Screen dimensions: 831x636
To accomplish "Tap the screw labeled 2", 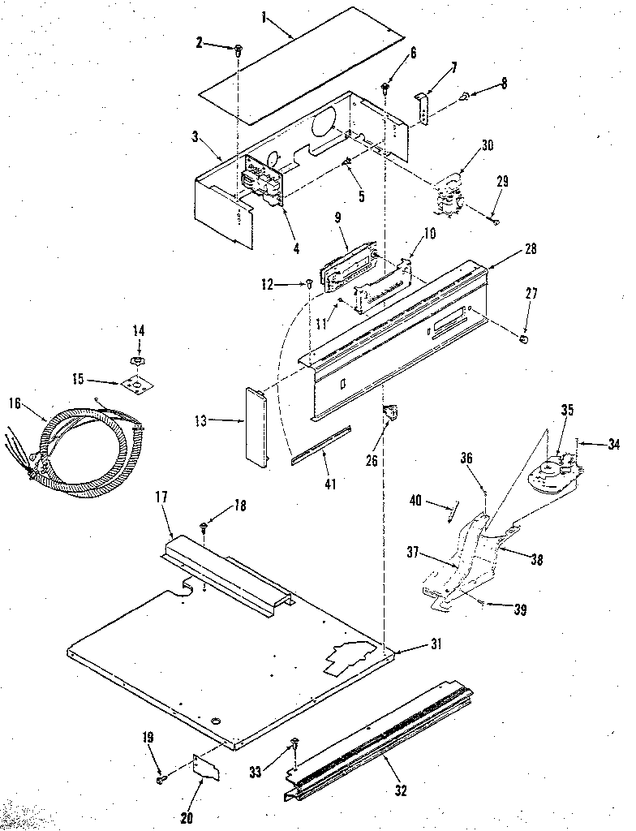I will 238,51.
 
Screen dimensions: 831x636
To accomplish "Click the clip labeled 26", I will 393,414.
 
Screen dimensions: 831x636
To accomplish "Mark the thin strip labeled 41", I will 321,445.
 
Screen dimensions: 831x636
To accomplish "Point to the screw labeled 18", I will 204,528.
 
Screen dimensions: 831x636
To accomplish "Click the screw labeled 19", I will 161,780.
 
